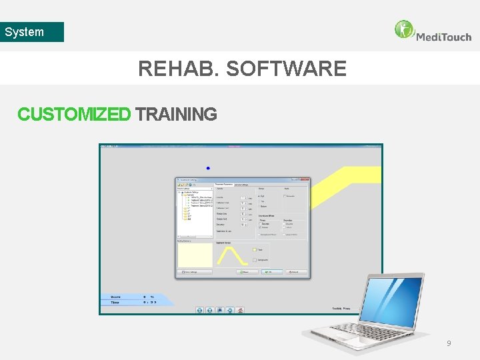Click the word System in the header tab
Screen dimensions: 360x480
pos(24,32)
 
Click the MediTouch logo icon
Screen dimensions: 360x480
pos(404,29)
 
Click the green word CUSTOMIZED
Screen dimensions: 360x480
pos(74,115)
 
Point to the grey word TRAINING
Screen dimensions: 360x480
pos(176,115)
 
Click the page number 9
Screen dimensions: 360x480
pos(449,343)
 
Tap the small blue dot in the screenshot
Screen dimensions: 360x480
pos(208,168)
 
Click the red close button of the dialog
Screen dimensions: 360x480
pos(306,179)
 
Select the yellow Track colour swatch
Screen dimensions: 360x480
pos(253,250)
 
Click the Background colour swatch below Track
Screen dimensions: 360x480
pos(253,259)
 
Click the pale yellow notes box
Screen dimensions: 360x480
pos(194,254)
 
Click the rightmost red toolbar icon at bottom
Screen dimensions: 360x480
pos(241,310)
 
